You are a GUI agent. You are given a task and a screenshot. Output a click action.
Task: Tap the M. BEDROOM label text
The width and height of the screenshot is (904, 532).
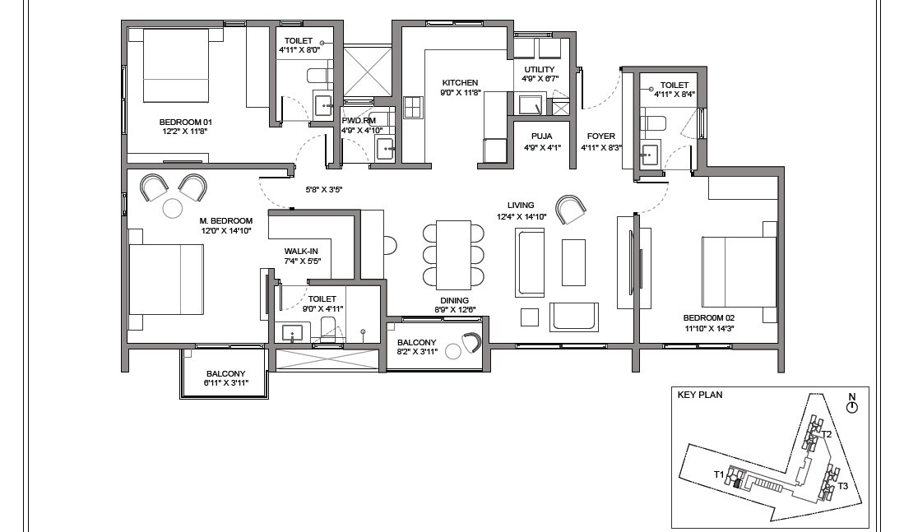225,220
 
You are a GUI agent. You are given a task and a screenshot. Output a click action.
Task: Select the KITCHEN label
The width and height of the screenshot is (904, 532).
460,82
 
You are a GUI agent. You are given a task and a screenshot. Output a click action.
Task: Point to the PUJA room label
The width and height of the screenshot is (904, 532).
540,136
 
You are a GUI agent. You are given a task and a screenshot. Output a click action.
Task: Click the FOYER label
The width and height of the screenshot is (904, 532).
600,136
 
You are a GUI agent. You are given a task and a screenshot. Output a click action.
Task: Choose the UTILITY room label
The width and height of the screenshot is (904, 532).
540,69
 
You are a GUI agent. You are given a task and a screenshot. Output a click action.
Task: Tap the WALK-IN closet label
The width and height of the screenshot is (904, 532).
302,251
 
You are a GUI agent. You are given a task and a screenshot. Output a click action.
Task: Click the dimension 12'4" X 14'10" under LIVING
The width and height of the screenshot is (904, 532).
521,216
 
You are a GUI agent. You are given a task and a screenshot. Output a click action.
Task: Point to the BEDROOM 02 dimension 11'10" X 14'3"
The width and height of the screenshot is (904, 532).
707,329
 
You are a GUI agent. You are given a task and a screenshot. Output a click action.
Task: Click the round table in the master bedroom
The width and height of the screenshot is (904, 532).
173,209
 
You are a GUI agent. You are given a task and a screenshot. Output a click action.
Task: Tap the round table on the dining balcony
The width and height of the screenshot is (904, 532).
453,353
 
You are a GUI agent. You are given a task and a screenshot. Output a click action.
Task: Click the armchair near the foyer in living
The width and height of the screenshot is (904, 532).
571,210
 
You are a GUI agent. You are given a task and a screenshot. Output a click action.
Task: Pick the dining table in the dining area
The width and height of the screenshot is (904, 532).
452,251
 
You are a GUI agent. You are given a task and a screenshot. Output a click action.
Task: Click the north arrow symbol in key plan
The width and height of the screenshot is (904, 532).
851,406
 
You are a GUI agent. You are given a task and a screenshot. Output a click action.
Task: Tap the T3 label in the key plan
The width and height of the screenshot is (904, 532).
843,486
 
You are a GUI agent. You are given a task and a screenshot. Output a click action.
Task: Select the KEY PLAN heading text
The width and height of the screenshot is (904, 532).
699,395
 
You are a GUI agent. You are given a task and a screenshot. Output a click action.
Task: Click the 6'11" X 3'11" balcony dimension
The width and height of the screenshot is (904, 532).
225,383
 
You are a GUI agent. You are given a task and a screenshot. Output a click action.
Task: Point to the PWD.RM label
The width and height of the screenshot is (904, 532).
359,120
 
